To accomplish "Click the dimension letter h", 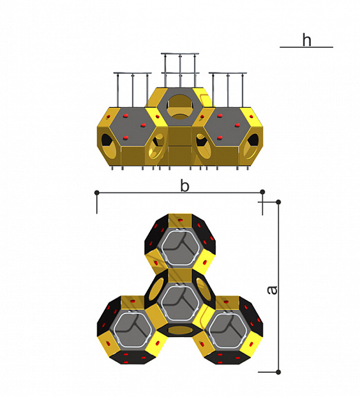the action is (307, 40).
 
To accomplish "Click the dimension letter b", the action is (184, 186).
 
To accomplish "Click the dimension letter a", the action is (272, 290).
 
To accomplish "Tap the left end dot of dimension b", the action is (97, 193).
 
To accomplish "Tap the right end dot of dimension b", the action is (263, 192).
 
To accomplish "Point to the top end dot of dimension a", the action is (278, 202).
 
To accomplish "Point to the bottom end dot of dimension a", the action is (278, 372).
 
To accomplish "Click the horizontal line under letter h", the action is (306, 47).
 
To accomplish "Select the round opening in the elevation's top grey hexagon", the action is (180, 107).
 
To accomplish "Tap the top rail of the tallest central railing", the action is (180, 54).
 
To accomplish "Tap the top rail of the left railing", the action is (133, 73).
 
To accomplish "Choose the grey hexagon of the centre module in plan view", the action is (180, 303).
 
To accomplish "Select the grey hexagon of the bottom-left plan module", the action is (133, 330).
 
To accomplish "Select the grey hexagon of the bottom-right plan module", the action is (227, 330).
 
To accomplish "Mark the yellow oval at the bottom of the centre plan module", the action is (180, 330).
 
